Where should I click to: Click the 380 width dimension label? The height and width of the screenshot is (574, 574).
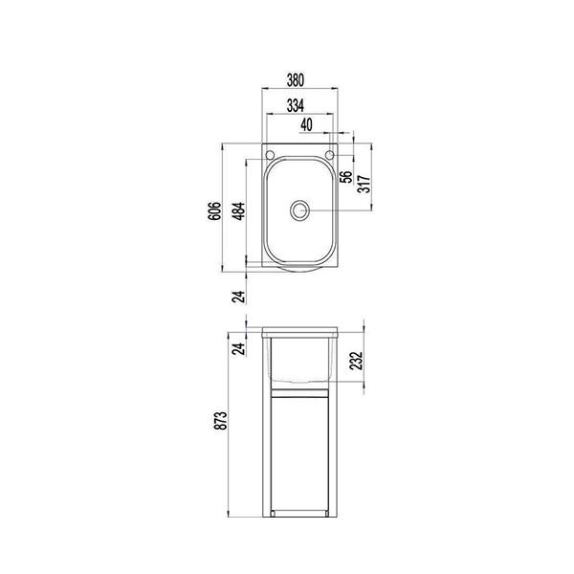[x=301, y=81]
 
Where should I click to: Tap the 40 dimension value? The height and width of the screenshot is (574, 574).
[x=306, y=124]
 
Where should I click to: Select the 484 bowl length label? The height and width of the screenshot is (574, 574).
[x=239, y=210]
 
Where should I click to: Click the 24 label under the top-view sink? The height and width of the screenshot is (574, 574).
[x=239, y=297]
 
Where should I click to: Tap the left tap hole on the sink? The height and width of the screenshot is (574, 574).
[x=272, y=155]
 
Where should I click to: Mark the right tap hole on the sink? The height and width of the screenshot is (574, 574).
[x=331, y=155]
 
